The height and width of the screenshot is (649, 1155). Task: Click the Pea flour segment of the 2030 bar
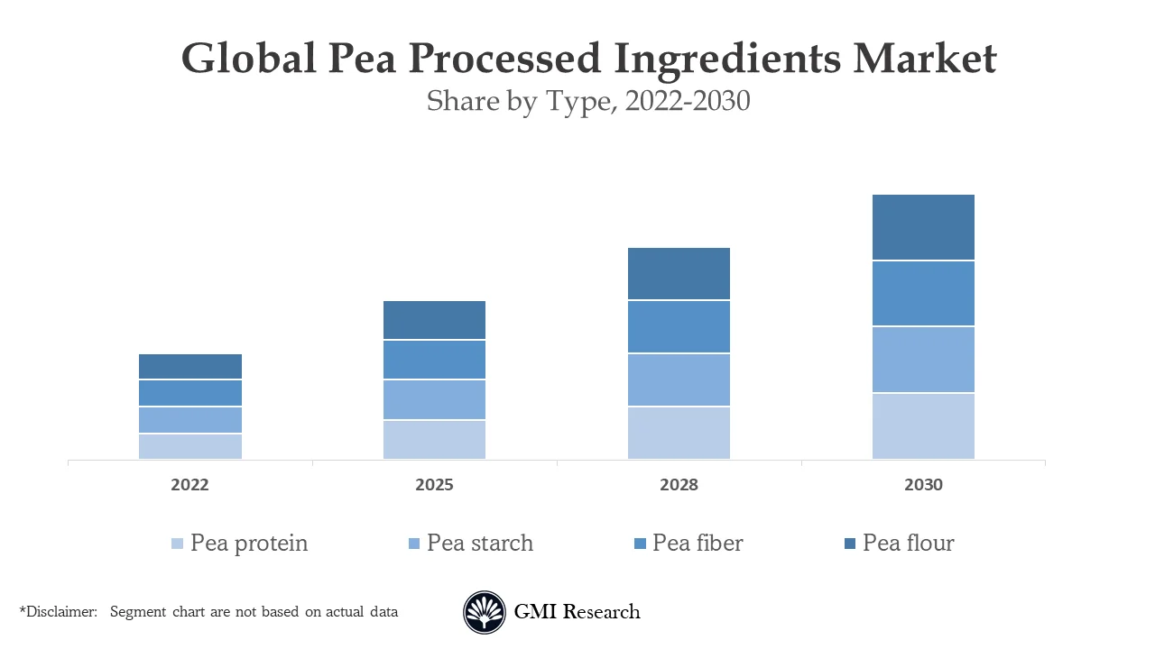point(923,227)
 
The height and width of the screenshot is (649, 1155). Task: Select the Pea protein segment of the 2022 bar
point(190,446)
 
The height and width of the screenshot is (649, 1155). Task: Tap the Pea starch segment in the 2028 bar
point(679,379)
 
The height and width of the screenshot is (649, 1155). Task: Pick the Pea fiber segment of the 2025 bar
point(434,360)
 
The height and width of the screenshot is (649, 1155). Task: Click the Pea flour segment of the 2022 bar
point(190,366)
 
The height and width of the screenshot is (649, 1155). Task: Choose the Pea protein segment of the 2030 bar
point(923,425)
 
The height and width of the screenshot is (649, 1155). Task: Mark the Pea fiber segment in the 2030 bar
point(923,293)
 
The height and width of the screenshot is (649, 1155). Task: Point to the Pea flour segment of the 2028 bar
point(679,273)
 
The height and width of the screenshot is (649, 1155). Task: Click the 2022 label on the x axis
point(190,485)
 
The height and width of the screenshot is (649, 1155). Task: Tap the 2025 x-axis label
point(434,485)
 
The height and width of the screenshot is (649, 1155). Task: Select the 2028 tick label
point(679,485)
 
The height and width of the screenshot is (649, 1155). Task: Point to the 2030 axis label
point(923,485)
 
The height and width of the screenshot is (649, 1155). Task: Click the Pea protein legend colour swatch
point(177,544)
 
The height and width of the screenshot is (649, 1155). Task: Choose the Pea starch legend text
point(480,544)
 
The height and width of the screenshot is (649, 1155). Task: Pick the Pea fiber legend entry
point(698,544)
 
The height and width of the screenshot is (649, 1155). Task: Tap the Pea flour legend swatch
point(851,544)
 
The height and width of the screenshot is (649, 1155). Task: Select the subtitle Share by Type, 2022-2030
point(588,101)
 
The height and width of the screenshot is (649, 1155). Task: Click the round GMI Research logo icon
point(485,612)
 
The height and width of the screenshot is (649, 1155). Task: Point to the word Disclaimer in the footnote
point(60,612)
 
